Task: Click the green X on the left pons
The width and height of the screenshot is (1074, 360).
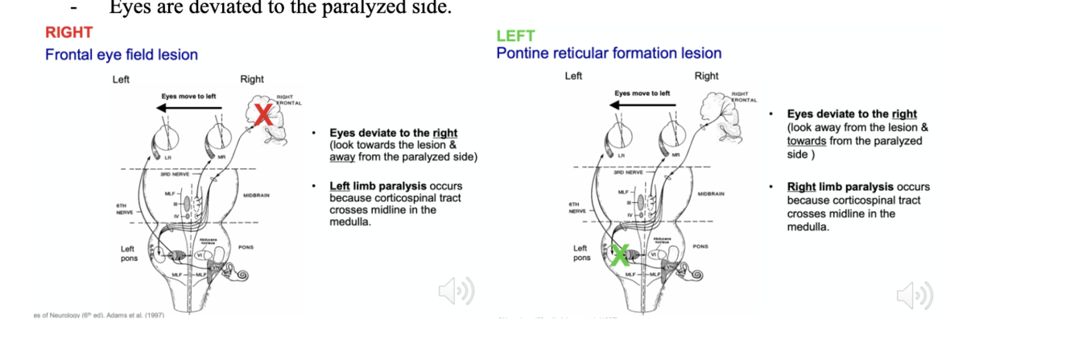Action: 620,255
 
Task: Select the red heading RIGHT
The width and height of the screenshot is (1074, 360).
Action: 68,33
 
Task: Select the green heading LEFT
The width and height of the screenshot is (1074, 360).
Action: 515,36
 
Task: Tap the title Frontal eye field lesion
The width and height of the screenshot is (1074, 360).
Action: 121,55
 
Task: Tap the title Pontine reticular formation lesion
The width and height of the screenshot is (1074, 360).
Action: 609,53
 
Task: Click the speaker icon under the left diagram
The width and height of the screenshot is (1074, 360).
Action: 456,291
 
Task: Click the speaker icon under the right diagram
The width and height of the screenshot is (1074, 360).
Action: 915,295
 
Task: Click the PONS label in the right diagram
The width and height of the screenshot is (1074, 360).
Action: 700,246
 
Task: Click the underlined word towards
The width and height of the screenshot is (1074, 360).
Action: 807,141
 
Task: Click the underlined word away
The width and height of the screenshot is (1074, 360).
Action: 344,157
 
